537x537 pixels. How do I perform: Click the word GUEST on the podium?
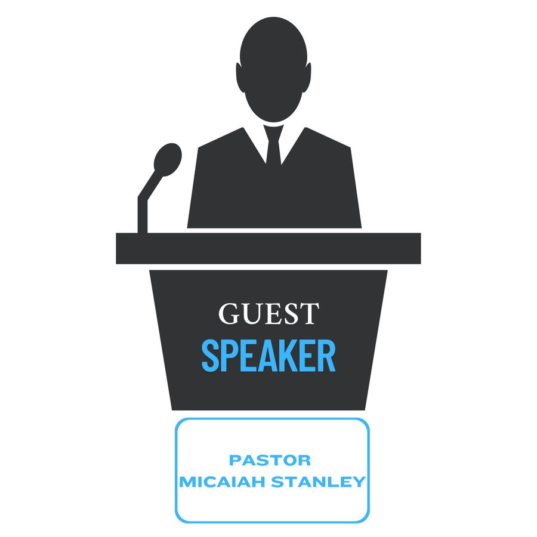[268, 313]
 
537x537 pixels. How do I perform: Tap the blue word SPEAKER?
[268, 356]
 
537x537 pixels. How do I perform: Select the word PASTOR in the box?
[270, 460]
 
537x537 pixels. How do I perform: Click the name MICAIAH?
[223, 482]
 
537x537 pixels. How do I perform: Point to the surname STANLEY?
[318, 482]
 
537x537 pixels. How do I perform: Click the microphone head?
[168, 159]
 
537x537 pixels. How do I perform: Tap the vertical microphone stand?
[143, 215]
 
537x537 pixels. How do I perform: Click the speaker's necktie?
[274, 145]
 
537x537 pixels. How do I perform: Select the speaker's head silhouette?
[273, 70]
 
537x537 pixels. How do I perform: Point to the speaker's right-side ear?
[308, 78]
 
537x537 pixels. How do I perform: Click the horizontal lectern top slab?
[268, 248]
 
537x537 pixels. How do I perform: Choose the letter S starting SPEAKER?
[210, 356]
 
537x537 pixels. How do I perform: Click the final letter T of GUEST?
[308, 313]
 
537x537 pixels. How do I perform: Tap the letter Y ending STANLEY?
[359, 482]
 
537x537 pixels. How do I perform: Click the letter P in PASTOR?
[235, 460]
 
